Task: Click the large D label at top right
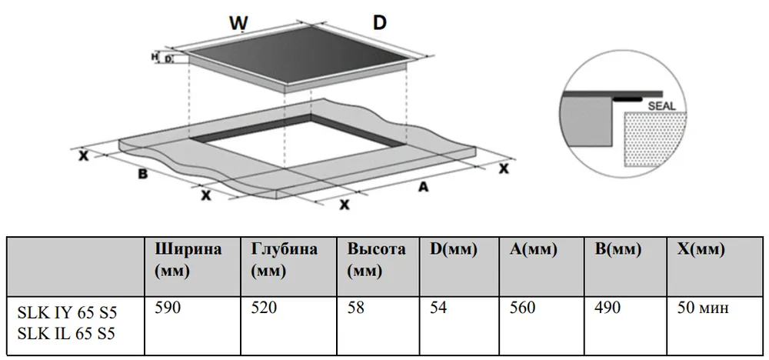(x=379, y=22)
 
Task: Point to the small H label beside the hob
(x=155, y=56)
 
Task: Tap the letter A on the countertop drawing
(x=422, y=186)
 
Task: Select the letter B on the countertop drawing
(x=142, y=174)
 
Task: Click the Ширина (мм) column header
(x=188, y=260)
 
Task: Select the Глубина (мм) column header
(x=284, y=260)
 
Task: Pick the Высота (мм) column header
(x=376, y=260)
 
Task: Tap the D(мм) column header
(x=454, y=250)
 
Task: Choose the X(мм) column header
(x=701, y=250)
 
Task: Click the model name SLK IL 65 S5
(x=68, y=334)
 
